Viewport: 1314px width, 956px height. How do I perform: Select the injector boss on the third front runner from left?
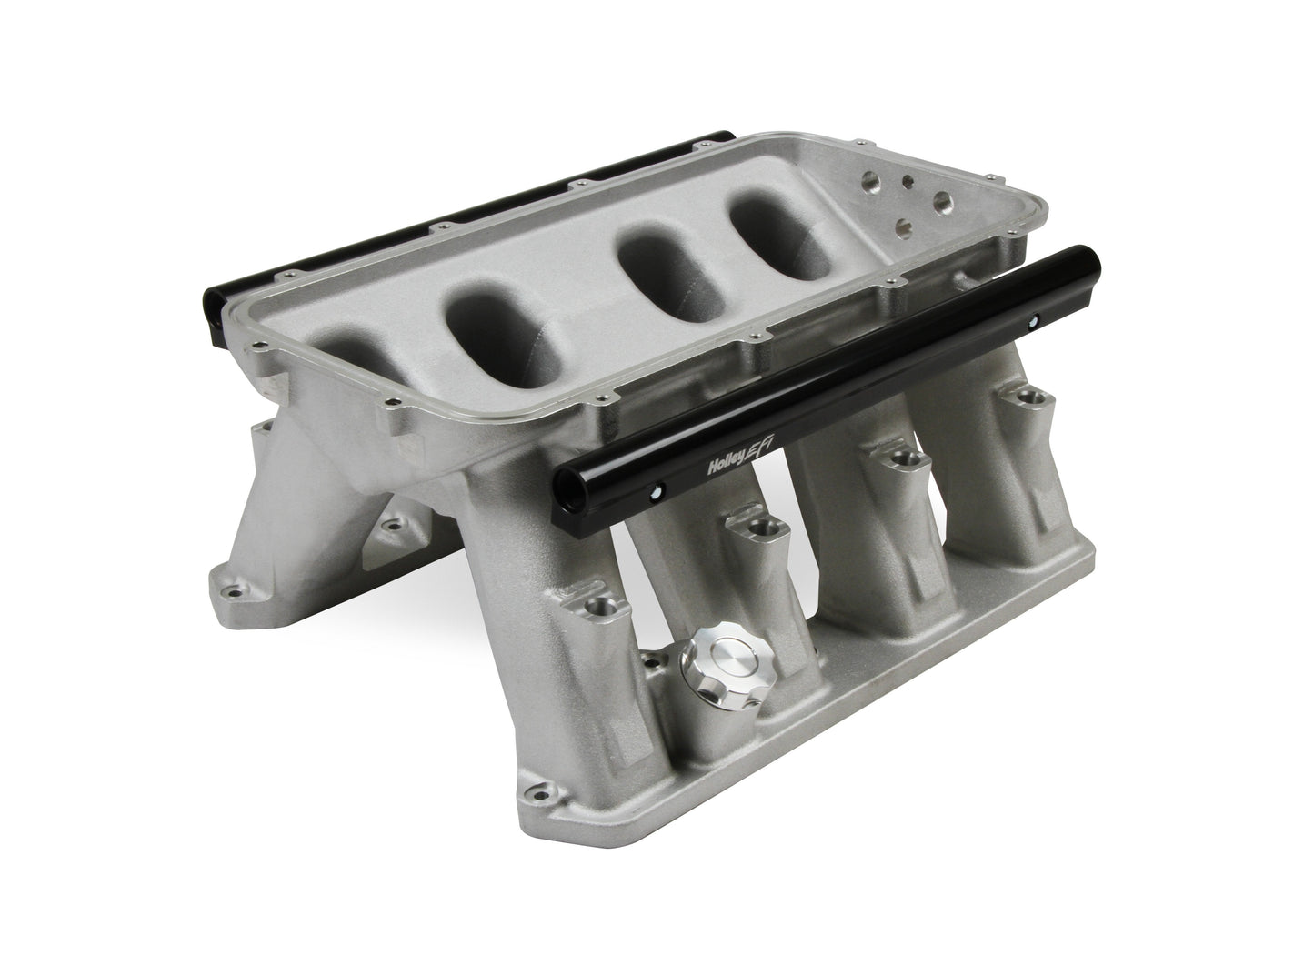[899, 458]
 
